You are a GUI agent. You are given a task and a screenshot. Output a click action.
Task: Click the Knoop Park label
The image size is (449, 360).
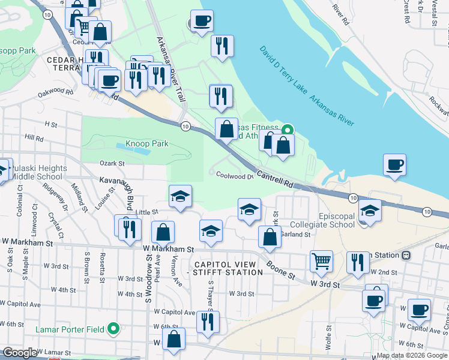pyautogui.click(x=147, y=144)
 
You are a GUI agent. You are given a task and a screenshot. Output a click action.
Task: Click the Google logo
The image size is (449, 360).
pyautogui.click(x=20, y=353)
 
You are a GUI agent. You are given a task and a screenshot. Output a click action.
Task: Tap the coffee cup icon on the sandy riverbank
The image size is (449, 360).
pyautogui.click(x=394, y=165)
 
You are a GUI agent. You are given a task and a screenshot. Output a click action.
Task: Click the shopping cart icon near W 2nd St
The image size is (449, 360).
pyautogui.click(x=322, y=261)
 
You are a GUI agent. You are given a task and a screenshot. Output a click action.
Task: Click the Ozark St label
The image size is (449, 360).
pyautogui.click(x=112, y=163)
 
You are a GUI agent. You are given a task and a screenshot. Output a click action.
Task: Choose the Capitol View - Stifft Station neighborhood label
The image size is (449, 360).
pyautogui.click(x=228, y=268)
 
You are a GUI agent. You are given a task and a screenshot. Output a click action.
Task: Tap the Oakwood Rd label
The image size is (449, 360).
pyautogui.click(x=55, y=93)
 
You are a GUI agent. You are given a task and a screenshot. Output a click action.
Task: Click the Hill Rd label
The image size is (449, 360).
pyautogui.click(x=35, y=138)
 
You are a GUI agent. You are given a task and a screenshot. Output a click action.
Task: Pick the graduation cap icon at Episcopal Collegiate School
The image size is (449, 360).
pyautogui.click(x=370, y=211)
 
